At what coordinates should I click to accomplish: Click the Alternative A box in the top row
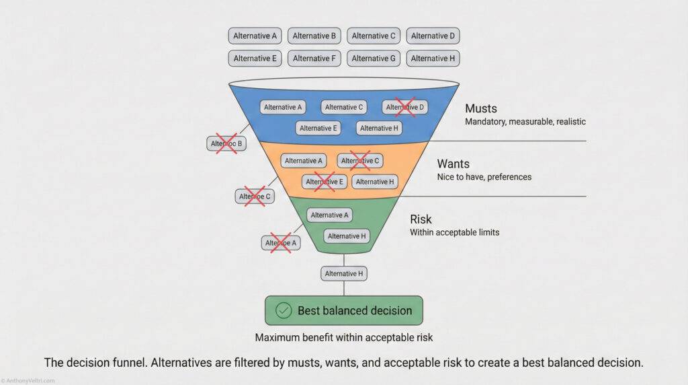pos(255,36)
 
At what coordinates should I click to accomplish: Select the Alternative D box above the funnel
pos(433,36)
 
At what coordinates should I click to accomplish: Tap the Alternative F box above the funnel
pos(314,59)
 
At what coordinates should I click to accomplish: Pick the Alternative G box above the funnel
pos(374,59)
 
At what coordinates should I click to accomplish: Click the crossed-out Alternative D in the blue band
pos(405,107)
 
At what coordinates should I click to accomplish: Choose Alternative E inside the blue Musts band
pos(318,128)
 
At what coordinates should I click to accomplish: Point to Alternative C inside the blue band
pos(343,107)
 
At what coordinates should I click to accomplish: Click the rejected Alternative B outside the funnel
pos(226,143)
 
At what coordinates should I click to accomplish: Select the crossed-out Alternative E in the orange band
pos(325,182)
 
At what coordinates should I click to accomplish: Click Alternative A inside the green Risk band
pos(330,215)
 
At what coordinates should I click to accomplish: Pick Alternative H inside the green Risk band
pos(346,236)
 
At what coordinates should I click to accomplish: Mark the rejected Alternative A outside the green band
pos(281,243)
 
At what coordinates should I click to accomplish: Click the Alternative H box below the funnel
pos(344,273)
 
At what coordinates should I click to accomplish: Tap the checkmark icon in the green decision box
pos(284,310)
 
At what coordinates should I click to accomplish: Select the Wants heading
pos(454,164)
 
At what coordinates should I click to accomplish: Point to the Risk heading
pos(421,219)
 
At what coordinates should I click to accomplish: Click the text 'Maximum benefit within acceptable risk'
pos(343,337)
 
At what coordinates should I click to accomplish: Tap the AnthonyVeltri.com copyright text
pos(28,380)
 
